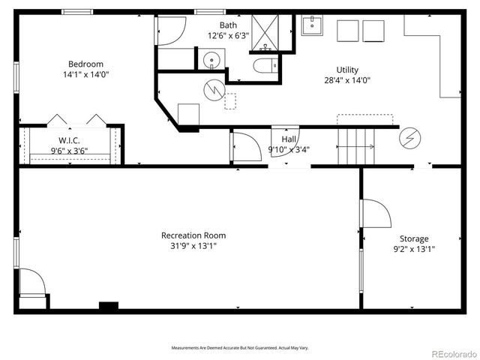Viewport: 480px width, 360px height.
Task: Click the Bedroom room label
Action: pyautogui.click(x=85, y=64)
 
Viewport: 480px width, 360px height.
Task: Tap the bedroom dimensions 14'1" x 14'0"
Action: pyautogui.click(x=85, y=75)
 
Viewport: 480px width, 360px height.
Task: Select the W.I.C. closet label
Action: pyautogui.click(x=69, y=140)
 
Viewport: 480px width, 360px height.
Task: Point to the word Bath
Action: pyautogui.click(x=227, y=25)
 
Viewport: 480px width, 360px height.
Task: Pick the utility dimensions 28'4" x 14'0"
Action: pyautogui.click(x=346, y=79)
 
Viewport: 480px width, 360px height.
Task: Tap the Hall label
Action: pyautogui.click(x=289, y=139)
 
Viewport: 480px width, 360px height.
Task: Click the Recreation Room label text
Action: pyautogui.click(x=193, y=235)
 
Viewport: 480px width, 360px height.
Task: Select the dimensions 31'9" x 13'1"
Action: pyautogui.click(x=193, y=246)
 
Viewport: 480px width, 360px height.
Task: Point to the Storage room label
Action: pyautogui.click(x=413, y=238)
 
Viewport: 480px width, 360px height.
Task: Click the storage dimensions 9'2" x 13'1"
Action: pyautogui.click(x=413, y=249)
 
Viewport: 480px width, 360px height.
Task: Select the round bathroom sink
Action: pyautogui.click(x=211, y=59)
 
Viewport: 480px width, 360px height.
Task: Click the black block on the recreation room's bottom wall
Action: pyautogui.click(x=109, y=305)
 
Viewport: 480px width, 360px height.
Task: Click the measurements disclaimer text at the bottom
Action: pyautogui.click(x=240, y=347)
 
